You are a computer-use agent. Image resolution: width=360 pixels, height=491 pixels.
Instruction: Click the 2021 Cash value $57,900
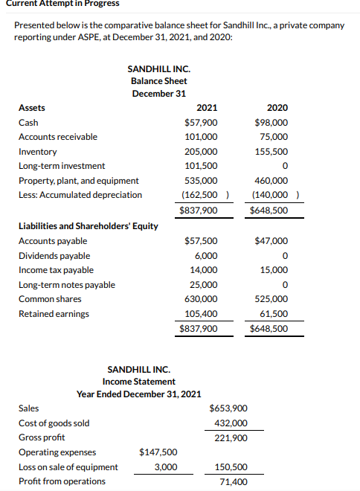(x=201, y=123)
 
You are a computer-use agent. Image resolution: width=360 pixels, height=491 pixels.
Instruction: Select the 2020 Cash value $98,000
(x=271, y=123)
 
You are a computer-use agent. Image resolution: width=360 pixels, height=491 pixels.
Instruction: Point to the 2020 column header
(x=277, y=108)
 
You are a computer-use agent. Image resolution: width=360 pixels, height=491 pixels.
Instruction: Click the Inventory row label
(x=37, y=152)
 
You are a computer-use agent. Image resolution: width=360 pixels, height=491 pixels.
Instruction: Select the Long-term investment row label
(x=62, y=166)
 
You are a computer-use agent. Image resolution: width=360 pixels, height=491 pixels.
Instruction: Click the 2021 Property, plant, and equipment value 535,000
(x=201, y=181)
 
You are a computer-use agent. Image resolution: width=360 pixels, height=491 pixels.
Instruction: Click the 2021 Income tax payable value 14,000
(x=204, y=270)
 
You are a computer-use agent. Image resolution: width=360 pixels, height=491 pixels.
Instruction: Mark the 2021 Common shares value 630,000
(x=201, y=299)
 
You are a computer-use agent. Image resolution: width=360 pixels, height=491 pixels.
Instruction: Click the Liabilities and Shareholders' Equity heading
(x=89, y=226)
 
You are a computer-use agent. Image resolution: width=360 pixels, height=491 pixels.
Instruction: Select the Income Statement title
(x=139, y=382)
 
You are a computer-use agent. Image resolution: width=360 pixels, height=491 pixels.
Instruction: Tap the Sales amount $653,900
(x=230, y=408)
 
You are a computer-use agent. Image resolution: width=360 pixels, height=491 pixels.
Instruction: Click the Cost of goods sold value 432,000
(x=231, y=423)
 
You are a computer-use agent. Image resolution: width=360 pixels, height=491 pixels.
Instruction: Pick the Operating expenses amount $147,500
(x=158, y=452)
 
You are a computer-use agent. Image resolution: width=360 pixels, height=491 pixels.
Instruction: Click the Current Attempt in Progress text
(x=60, y=4)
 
